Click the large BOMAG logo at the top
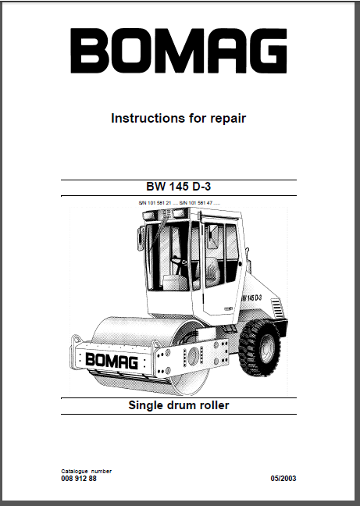coord(178,51)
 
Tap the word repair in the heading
coord(228,119)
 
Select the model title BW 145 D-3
coord(178,187)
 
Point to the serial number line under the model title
coord(180,203)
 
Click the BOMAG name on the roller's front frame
coord(112,361)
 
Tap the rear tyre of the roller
coord(259,347)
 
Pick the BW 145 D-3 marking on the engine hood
coord(251,298)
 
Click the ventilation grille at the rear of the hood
coord(276,308)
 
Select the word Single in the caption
coord(144,405)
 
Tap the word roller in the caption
coord(214,405)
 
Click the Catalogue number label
coord(87,471)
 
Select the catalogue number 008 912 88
coord(79,478)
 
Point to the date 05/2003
coord(283,478)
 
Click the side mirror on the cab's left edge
coord(141,238)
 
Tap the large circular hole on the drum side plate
coord(194,357)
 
